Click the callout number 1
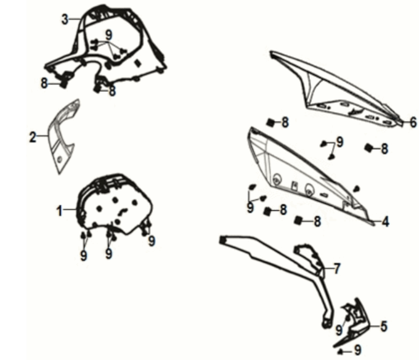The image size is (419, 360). (x=60, y=211)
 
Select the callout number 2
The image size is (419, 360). (x=33, y=137)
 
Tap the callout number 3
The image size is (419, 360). (x=65, y=20)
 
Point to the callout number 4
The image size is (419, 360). (x=385, y=221)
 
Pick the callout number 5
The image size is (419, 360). (x=383, y=326)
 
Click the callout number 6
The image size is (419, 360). (x=413, y=122)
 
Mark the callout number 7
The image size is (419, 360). (x=337, y=268)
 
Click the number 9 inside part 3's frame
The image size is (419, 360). (x=109, y=35)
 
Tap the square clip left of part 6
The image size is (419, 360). (x=271, y=123)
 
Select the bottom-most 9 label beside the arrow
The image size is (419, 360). (x=357, y=350)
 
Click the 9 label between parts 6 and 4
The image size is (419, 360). (x=340, y=142)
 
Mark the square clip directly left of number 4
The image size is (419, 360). (x=298, y=221)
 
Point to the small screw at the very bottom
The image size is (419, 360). (x=340, y=352)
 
